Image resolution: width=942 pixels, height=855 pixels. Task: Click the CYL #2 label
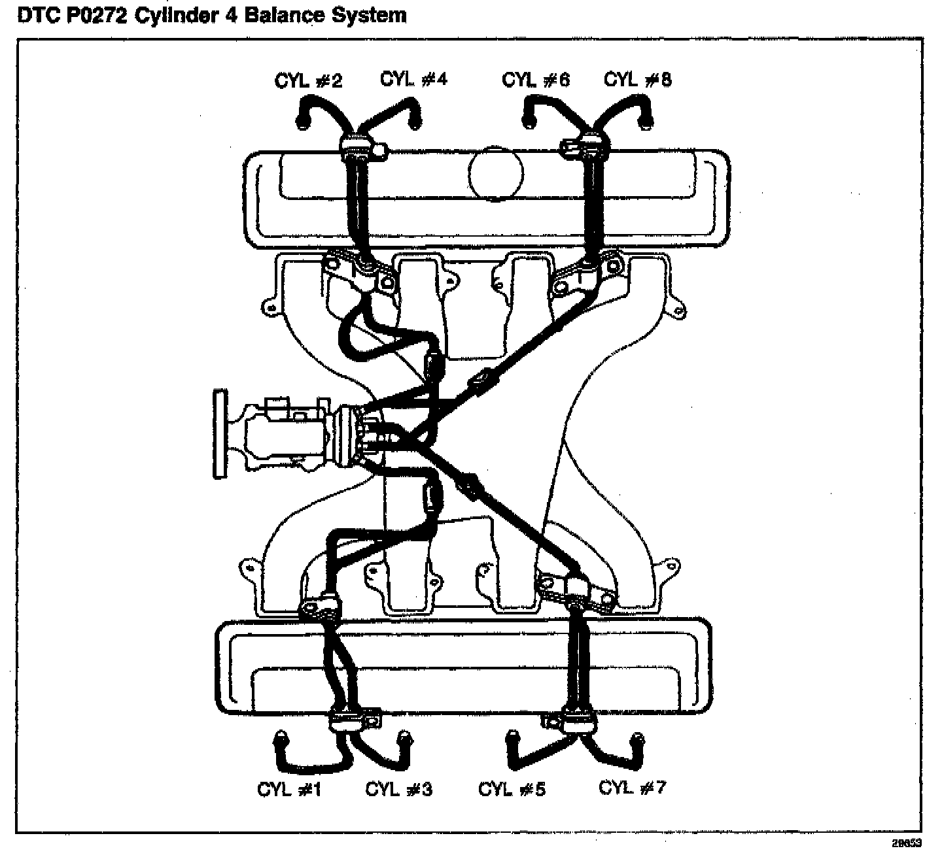[x=308, y=81]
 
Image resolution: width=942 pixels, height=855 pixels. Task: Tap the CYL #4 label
[x=413, y=79]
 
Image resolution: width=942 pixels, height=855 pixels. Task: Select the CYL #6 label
[x=536, y=80]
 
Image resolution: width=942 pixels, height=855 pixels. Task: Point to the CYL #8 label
[x=637, y=79]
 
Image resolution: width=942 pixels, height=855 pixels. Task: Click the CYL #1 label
[x=289, y=790]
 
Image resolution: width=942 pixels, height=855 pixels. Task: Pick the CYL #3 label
[x=398, y=790]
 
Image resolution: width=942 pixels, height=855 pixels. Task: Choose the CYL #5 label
[x=512, y=790]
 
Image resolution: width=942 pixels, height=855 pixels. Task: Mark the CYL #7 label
[x=632, y=788]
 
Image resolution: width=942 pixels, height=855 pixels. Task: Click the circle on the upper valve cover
[x=496, y=173]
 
